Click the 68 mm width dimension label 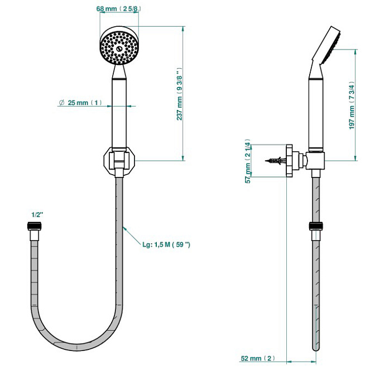click(x=119, y=9)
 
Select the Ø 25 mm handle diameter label click(x=80, y=103)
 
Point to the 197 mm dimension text click(x=352, y=105)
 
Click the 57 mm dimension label click(x=248, y=161)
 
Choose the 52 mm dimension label click(x=258, y=358)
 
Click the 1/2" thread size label click(x=37, y=215)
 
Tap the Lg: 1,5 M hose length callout click(x=166, y=244)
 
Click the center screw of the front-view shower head click(x=119, y=49)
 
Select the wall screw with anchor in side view click(x=275, y=161)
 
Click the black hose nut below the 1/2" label click(x=35, y=226)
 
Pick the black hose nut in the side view click(x=316, y=226)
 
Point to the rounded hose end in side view click(x=316, y=348)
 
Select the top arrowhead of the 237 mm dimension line click(x=183, y=29)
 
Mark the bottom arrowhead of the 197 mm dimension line click(x=355, y=158)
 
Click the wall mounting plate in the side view click(x=289, y=161)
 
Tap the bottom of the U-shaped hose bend click(x=77, y=348)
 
